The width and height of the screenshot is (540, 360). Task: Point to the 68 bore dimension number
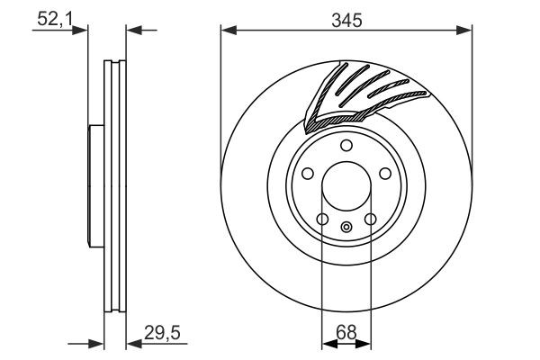(346, 332)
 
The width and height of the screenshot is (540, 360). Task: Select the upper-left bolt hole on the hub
(308, 175)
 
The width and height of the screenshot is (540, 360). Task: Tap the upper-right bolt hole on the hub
(384, 175)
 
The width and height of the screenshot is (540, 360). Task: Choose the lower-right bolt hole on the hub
(370, 219)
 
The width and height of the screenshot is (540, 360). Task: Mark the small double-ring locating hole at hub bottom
(346, 227)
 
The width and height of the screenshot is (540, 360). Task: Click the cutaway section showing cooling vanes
(360, 90)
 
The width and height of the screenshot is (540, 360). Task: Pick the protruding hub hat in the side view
(93, 186)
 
